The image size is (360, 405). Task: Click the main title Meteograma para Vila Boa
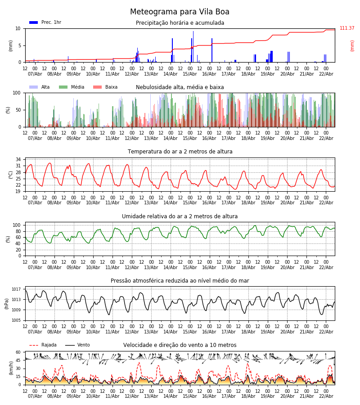pyautogui.click(x=180, y=12)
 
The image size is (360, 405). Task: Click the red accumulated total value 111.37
pyautogui.click(x=347, y=28)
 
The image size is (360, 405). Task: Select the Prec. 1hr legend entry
pyautogui.click(x=45, y=22)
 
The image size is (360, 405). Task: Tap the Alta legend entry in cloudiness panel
pyautogui.click(x=40, y=87)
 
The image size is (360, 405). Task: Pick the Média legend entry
pyautogui.click(x=72, y=87)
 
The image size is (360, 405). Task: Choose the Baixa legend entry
pyautogui.click(x=106, y=87)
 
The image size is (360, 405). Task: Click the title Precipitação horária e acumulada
pyautogui.click(x=180, y=23)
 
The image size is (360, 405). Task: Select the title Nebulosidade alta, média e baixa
pyautogui.click(x=180, y=87)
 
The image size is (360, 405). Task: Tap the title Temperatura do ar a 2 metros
pyautogui.click(x=180, y=152)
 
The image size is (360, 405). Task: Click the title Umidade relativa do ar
pyautogui.click(x=180, y=216)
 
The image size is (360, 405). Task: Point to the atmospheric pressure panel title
pyautogui.click(x=180, y=281)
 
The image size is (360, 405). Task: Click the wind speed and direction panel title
pyautogui.click(x=180, y=345)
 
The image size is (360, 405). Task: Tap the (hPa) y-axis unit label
pyautogui.click(x=7, y=303)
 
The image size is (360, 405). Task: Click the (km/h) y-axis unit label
pyautogui.click(x=11, y=368)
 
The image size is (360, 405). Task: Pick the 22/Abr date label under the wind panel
pyautogui.click(x=326, y=396)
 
